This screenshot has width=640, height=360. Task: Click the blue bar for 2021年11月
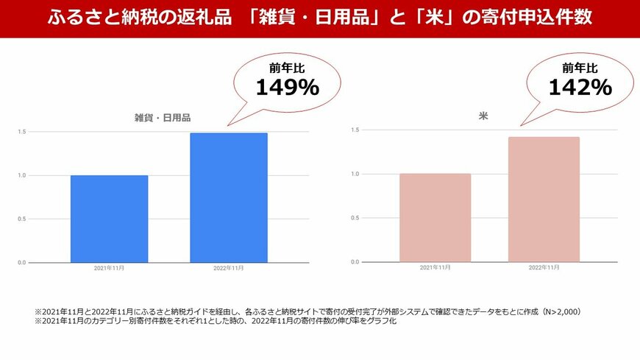pos(109,219)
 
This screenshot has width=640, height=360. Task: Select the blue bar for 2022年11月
pos(228,197)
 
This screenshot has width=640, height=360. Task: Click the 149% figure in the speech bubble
pos(287,88)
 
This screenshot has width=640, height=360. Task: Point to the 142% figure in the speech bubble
pos(580,88)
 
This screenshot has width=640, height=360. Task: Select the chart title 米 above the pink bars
pos(483,116)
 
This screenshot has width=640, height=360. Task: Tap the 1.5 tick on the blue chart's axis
pos(22,132)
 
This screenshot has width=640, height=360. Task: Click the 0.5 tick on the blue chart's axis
pos(22,219)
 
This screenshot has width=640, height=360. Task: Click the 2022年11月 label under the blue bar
pos(228,269)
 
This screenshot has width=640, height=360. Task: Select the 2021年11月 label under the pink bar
pos(435,267)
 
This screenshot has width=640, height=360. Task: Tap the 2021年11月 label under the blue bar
pos(109,269)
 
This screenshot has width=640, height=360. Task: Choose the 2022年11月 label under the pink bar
pos(544,267)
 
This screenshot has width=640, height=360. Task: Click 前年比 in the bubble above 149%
pos(287,68)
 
